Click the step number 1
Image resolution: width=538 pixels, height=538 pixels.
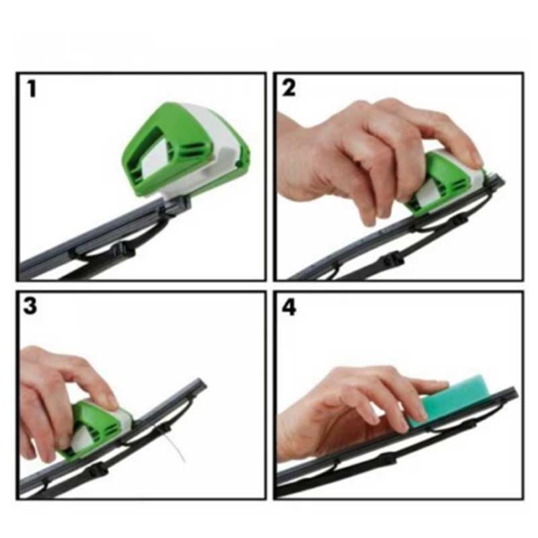coord(32,88)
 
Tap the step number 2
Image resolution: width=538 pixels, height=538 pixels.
coord(289,88)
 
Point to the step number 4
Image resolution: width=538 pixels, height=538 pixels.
coord(289,307)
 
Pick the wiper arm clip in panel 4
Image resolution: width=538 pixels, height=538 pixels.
coord(387,461)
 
